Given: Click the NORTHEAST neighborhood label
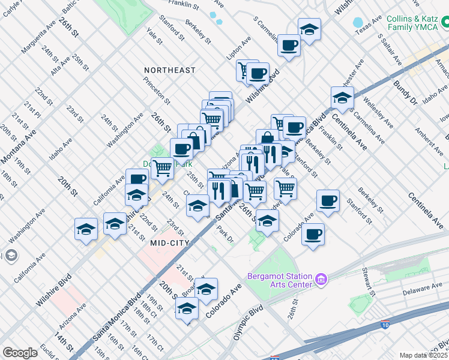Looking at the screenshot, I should click(170, 70).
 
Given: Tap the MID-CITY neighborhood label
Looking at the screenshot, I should click(170, 243).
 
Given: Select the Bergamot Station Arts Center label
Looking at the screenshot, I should click(280, 280).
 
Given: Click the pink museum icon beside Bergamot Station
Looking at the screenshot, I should click(321, 279).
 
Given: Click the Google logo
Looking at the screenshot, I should click(20, 353).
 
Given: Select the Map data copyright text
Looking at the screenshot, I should click(424, 355).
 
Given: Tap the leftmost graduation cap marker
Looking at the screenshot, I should click(86, 229).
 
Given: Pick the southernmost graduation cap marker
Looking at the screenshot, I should click(187, 309).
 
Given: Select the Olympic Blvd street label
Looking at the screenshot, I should click(248, 321).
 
